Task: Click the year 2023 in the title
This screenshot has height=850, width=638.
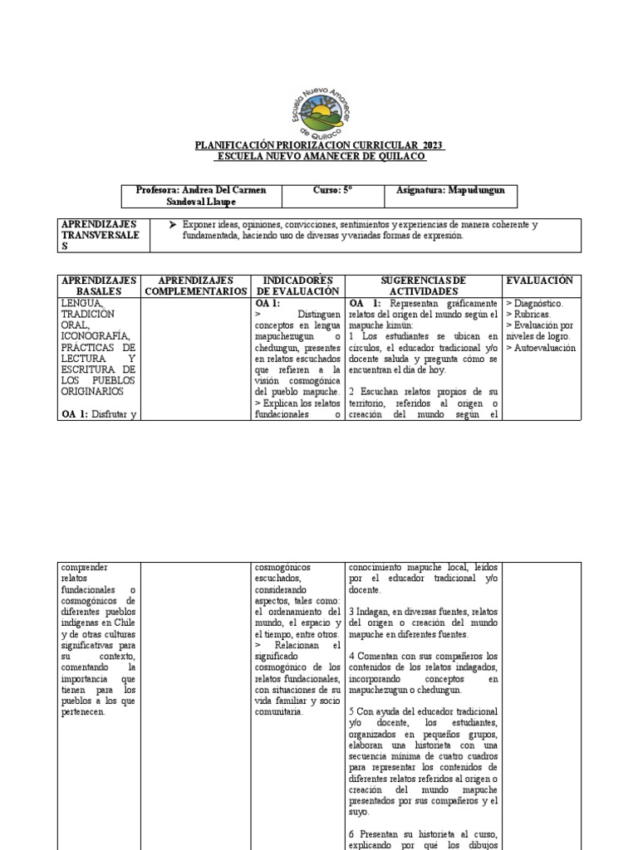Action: tap(430, 144)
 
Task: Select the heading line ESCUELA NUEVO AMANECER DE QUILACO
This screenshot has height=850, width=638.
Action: tap(320, 156)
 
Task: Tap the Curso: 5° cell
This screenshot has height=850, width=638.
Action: tap(332, 191)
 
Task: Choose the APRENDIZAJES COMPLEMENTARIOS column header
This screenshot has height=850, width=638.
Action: tap(196, 286)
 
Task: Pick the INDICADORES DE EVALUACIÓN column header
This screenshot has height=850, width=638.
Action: tap(297, 286)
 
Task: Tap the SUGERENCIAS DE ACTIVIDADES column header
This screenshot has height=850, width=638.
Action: tap(424, 286)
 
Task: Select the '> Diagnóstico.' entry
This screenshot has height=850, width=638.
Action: tap(534, 304)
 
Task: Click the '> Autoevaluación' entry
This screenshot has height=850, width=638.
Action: tap(541, 349)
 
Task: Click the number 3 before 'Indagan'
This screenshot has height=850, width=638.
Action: tap(352, 612)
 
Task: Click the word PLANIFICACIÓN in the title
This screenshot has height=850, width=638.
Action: tap(234, 144)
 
